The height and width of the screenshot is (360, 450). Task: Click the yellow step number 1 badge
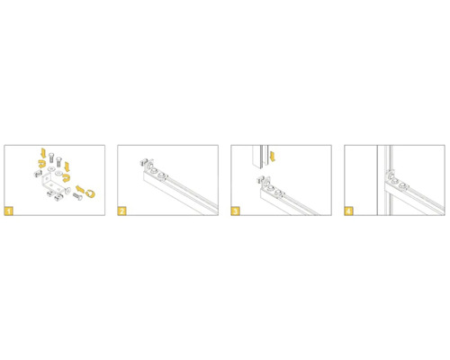9,211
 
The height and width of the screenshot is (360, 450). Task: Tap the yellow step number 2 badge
122,211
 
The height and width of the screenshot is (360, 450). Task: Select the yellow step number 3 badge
236,211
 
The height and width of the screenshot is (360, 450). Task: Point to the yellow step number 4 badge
349,211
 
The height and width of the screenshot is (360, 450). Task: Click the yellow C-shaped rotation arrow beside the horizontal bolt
90,193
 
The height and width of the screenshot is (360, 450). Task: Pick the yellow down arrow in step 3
273,157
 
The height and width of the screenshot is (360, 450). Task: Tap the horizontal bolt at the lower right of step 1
77,197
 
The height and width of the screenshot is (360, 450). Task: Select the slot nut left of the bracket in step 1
38,174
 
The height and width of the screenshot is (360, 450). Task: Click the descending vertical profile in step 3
260,157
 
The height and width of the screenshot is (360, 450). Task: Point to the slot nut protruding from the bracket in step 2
143,163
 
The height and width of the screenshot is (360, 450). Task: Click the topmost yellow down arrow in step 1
43,153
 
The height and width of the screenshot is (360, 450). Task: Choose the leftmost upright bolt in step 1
51,157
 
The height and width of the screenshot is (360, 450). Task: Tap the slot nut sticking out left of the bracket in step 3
260,180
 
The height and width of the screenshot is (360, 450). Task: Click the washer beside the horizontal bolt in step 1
67,190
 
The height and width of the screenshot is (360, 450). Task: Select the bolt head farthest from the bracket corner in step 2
163,175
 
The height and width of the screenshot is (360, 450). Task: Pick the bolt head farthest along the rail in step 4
403,185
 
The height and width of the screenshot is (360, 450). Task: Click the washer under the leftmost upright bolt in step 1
51,169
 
